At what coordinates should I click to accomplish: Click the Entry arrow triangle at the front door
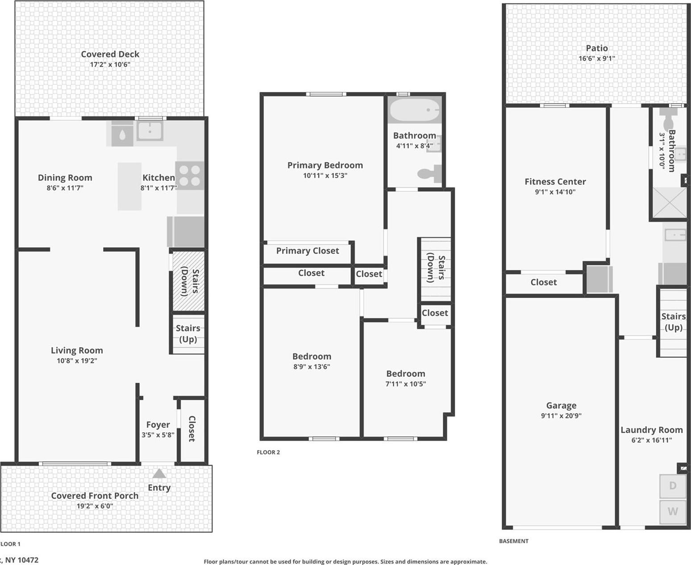click(159, 474)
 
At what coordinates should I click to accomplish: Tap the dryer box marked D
click(673, 486)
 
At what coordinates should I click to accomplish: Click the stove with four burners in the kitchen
click(190, 176)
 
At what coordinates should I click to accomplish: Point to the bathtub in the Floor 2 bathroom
click(415, 109)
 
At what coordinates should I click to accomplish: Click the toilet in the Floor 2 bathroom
click(431, 174)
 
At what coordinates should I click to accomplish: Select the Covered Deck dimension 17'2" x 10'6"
click(110, 64)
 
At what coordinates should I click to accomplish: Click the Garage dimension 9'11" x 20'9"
click(561, 416)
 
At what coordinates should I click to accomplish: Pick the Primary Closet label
click(308, 251)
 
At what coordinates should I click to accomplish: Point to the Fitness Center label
click(555, 182)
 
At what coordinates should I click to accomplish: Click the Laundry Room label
click(651, 430)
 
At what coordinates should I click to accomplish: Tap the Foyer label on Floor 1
click(158, 425)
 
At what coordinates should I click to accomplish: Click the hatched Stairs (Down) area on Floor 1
click(188, 281)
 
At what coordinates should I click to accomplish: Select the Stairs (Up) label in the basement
click(673, 322)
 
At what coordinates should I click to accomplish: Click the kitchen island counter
click(129, 186)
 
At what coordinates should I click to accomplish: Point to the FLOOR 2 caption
click(268, 452)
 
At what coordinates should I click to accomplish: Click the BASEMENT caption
click(513, 541)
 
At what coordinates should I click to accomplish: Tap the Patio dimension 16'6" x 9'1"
click(596, 59)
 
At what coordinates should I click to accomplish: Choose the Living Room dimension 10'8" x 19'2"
click(77, 361)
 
